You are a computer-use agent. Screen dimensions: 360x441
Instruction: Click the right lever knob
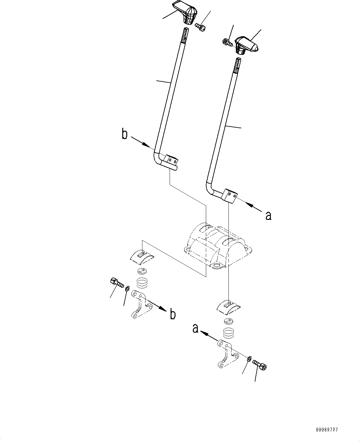247,45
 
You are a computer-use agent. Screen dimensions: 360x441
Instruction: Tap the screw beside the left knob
200,27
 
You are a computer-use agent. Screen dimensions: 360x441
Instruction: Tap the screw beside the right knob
228,42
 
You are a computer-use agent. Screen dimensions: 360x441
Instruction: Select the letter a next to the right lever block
268,216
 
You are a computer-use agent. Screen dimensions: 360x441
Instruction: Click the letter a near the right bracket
195,329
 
